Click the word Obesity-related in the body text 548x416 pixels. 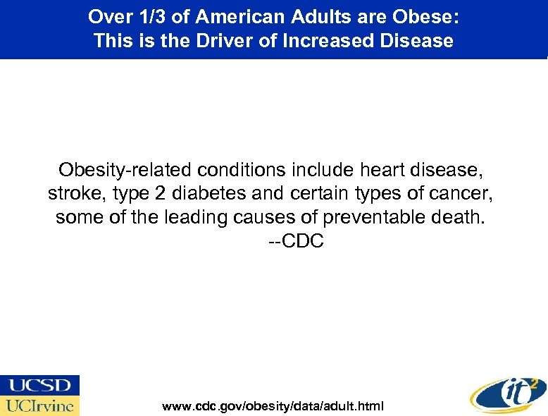coord(125,170)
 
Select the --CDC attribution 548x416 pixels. coord(296,242)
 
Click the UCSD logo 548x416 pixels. coord(40,385)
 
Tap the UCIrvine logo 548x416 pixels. coord(40,405)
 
